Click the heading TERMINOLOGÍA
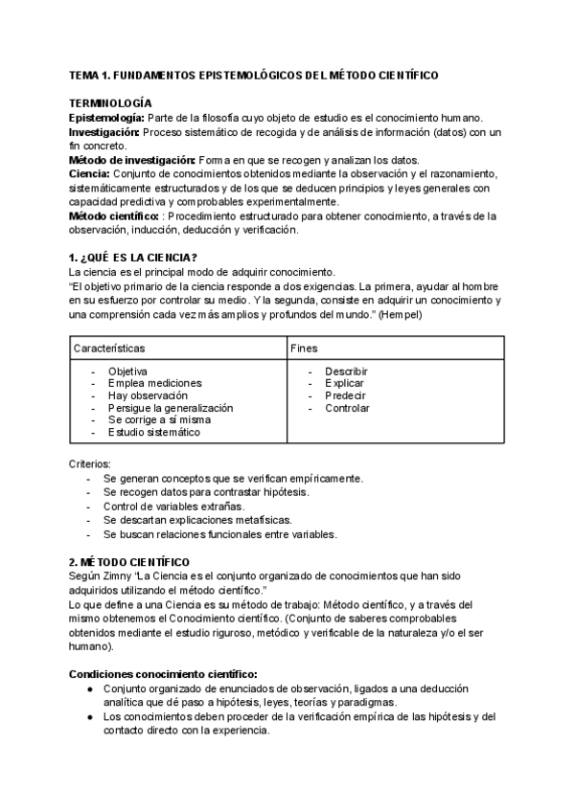click(x=110, y=101)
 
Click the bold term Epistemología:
click(x=104, y=116)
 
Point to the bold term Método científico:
click(x=110, y=216)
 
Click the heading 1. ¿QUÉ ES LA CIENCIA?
click(x=133, y=257)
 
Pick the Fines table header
click(x=305, y=350)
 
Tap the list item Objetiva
click(x=126, y=372)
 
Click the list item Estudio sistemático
click(x=153, y=432)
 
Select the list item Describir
click(x=346, y=372)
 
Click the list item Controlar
click(x=347, y=408)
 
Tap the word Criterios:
click(x=90, y=463)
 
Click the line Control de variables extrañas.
click(x=173, y=506)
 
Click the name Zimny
click(x=122, y=575)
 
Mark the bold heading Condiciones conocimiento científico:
click(x=162, y=673)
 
